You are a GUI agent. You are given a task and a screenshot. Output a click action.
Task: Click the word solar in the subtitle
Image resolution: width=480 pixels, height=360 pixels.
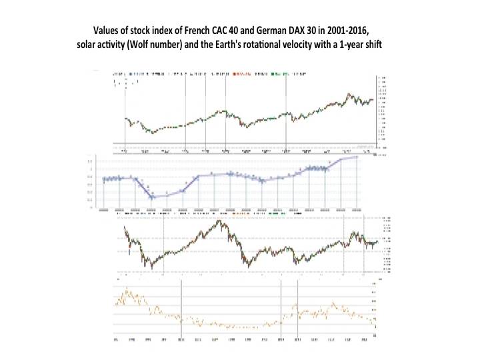tap(89, 45)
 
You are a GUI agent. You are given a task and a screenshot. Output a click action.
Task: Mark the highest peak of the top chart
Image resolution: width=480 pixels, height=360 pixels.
tap(348, 94)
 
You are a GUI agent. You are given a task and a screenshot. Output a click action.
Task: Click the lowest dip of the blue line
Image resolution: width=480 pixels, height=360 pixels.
tap(152, 197)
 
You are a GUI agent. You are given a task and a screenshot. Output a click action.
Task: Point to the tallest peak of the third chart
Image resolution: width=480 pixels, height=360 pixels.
tap(221, 221)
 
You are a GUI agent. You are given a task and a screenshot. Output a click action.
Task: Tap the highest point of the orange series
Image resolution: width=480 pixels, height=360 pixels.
tap(126, 291)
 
